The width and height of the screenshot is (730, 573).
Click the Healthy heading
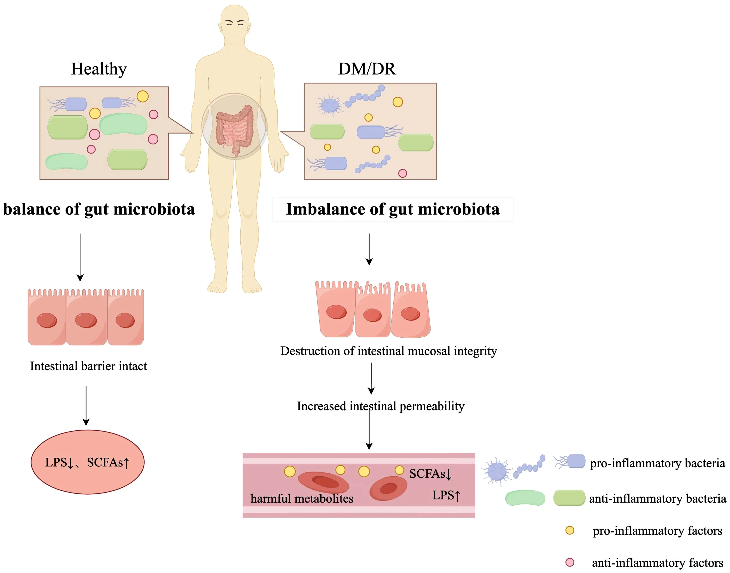point(99,69)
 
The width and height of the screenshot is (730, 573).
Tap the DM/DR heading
point(367,69)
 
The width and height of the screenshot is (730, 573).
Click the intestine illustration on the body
point(234,129)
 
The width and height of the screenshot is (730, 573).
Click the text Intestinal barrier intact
point(88,366)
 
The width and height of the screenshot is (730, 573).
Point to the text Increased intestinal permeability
point(380,406)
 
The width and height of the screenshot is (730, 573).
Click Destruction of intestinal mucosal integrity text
point(388,351)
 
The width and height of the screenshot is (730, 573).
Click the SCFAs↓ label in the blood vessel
point(430,474)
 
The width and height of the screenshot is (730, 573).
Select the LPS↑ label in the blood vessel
point(446,495)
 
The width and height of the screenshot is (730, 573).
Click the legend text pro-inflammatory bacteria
point(657,463)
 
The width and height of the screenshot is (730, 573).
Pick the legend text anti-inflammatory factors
point(657,563)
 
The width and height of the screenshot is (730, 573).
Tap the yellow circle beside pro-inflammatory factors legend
point(570,530)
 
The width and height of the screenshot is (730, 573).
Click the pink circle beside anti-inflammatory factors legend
point(570,562)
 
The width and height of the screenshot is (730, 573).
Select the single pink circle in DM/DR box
point(402,173)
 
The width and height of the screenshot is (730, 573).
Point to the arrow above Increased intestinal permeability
point(371,378)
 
